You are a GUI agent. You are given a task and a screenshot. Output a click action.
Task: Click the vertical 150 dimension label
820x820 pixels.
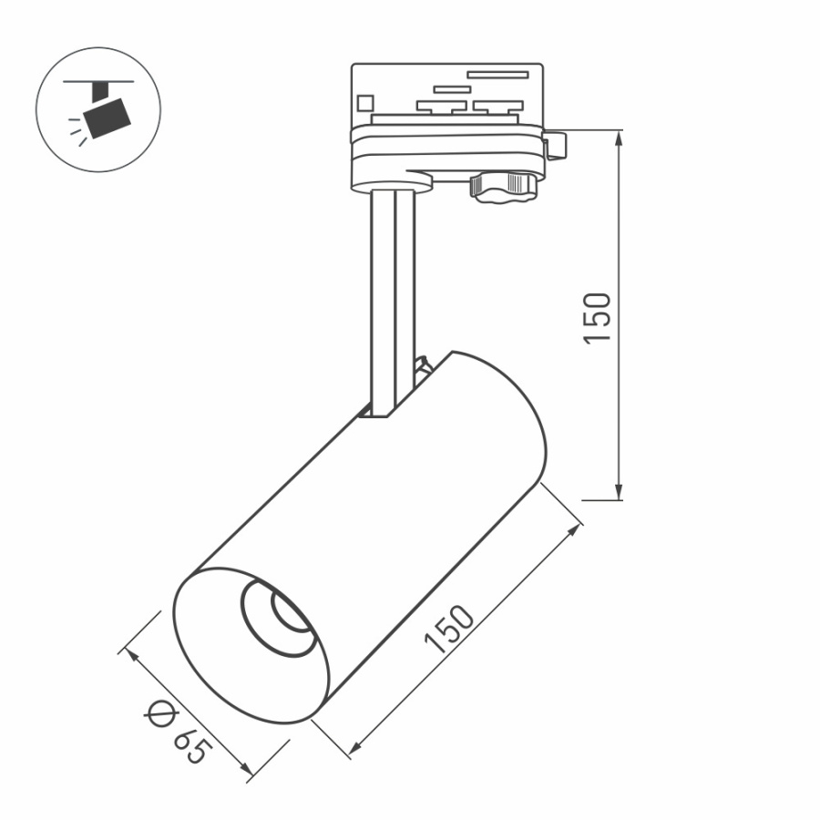coord(597,317)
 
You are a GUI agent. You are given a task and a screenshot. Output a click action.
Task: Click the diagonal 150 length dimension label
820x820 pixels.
coord(450,630)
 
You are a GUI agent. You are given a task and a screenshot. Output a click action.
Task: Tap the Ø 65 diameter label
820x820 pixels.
coord(178,733)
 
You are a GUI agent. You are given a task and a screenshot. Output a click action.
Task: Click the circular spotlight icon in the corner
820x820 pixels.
coord(98,109)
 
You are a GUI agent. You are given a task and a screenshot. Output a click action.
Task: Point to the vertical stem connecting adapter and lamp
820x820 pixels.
coord(393,301)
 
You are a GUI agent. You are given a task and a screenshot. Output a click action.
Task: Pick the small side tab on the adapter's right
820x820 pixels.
coord(555,143)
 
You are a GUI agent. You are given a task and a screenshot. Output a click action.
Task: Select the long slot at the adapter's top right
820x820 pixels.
coord(497,74)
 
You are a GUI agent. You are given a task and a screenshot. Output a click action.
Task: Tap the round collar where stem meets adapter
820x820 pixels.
coord(393,185)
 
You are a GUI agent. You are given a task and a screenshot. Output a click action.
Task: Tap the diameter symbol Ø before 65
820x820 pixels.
coord(160,714)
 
